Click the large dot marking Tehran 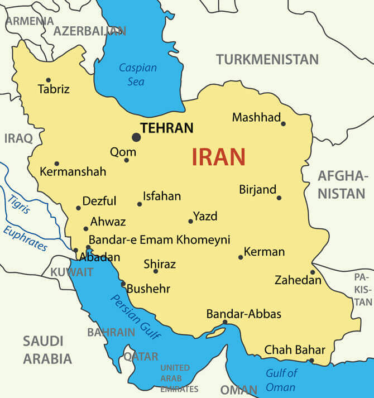click(x=136, y=137)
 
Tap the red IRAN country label click(x=218, y=157)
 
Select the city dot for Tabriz click(x=48, y=80)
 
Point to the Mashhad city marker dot click(x=283, y=123)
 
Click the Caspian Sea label click(x=137, y=74)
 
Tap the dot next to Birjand click(x=279, y=198)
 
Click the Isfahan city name click(x=162, y=196)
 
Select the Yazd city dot click(x=190, y=221)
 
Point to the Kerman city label click(x=265, y=252)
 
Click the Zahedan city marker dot click(x=313, y=272)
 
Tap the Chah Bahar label click(x=294, y=350)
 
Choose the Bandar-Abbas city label click(x=243, y=314)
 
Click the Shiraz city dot click(x=156, y=271)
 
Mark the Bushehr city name click(x=148, y=289)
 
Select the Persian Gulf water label click(x=136, y=316)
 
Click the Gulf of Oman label click(x=281, y=380)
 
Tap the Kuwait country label click(x=72, y=272)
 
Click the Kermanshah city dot click(x=56, y=164)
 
